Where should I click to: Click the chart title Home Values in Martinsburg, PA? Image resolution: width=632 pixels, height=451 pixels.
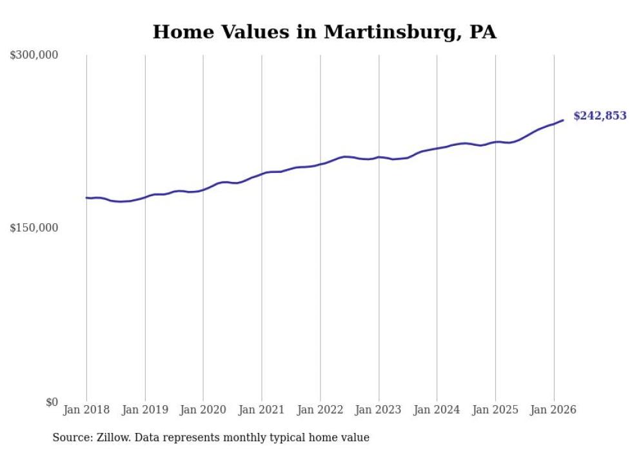point(324,32)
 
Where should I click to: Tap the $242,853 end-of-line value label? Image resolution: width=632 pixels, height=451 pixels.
point(600,116)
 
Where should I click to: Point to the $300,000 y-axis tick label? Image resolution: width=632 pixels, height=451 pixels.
point(34,55)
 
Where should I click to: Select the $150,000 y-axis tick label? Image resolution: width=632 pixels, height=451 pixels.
point(34,228)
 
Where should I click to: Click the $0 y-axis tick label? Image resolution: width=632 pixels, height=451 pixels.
point(51,402)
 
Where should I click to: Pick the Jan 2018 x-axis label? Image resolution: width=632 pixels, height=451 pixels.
point(86,410)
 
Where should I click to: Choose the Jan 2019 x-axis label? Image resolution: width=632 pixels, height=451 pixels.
point(145,410)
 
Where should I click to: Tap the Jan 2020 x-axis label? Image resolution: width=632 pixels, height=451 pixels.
point(203,410)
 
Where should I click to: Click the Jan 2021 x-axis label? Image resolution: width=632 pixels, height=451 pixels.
point(262,410)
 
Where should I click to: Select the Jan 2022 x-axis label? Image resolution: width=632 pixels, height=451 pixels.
point(321,410)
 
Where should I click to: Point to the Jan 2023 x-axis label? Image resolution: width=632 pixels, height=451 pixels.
point(379,410)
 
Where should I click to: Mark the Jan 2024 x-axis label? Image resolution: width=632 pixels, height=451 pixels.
point(437,410)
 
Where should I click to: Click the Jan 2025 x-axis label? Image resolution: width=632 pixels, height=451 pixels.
point(495,410)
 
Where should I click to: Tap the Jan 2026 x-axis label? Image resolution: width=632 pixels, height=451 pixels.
point(554,410)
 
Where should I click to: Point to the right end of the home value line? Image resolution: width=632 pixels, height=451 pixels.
point(563,120)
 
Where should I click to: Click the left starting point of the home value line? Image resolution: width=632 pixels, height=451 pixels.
point(86,198)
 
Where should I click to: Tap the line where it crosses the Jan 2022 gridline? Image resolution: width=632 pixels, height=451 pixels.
point(321,165)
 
